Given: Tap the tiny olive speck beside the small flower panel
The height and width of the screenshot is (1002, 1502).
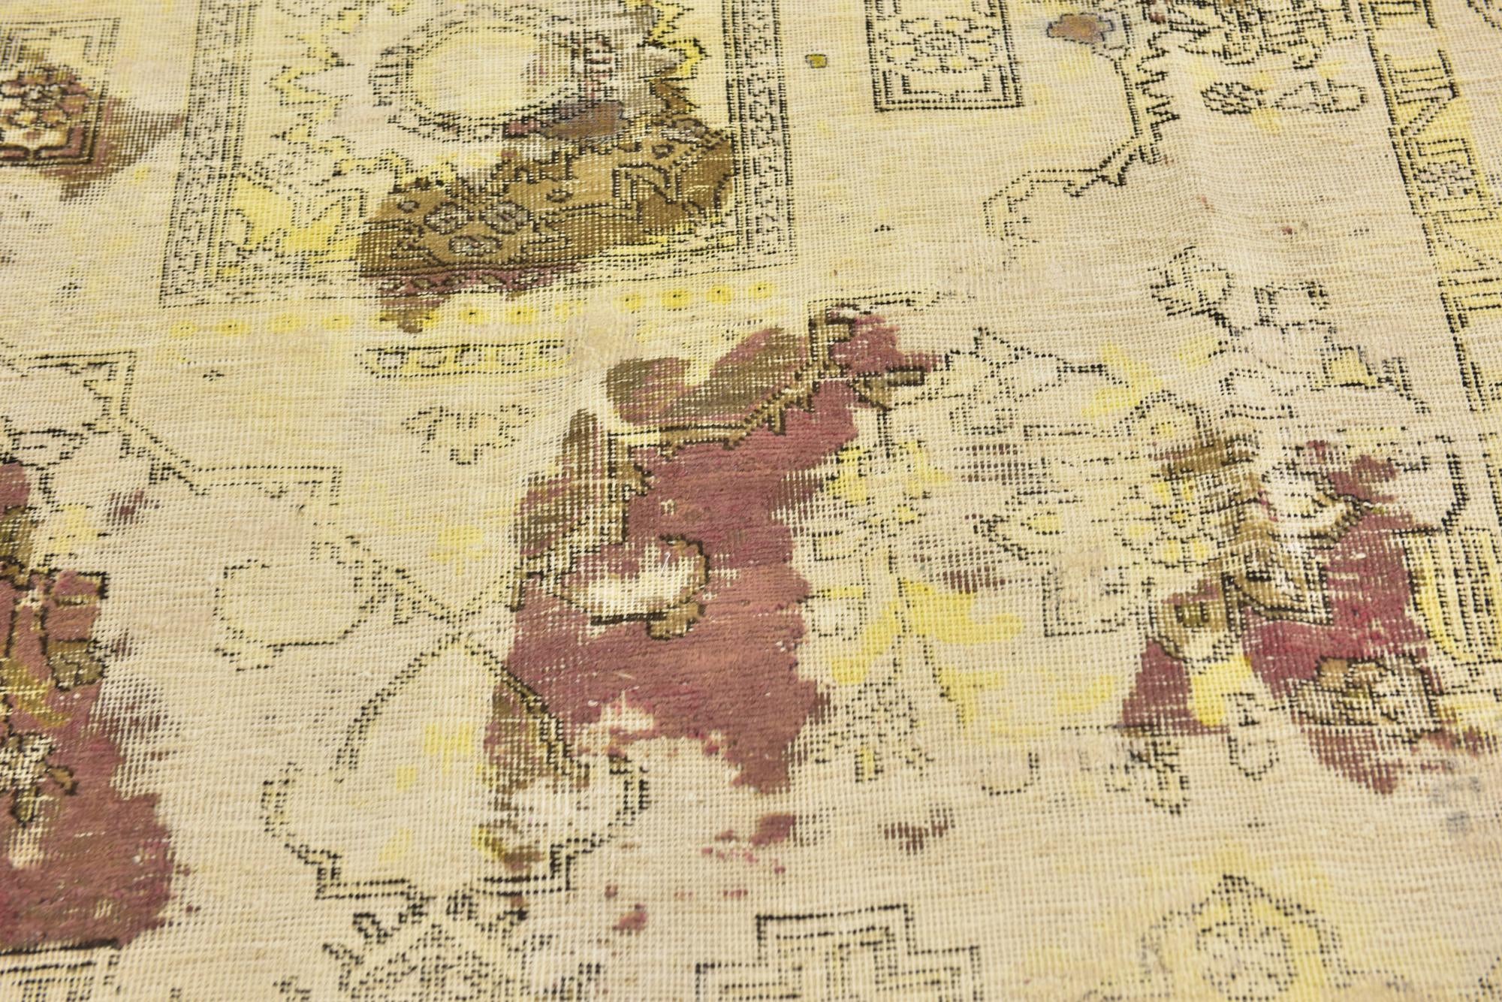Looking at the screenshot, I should [x=817, y=60].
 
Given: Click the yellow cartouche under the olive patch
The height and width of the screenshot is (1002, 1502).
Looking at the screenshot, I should [x=466, y=357].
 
